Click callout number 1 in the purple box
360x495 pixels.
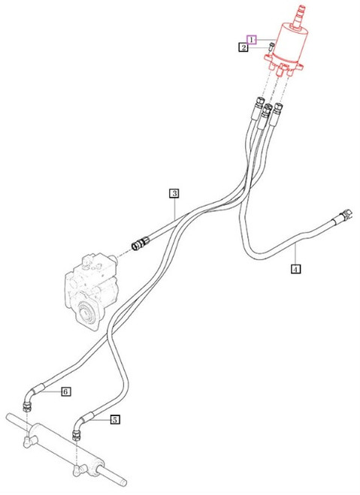click(252, 40)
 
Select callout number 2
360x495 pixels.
click(244, 47)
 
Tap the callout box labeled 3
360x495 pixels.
click(174, 193)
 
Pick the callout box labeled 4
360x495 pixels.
click(295, 269)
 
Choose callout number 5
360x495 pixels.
click(115, 420)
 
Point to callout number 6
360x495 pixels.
click(65, 392)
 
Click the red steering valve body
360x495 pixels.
click(285, 50)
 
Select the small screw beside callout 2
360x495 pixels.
click(271, 47)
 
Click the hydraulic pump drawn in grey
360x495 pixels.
click(91, 290)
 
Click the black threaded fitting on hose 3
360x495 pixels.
click(139, 243)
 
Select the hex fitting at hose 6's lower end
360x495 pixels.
click(28, 407)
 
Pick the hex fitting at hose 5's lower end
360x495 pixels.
click(77, 436)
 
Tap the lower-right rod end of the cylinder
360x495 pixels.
click(114, 477)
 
